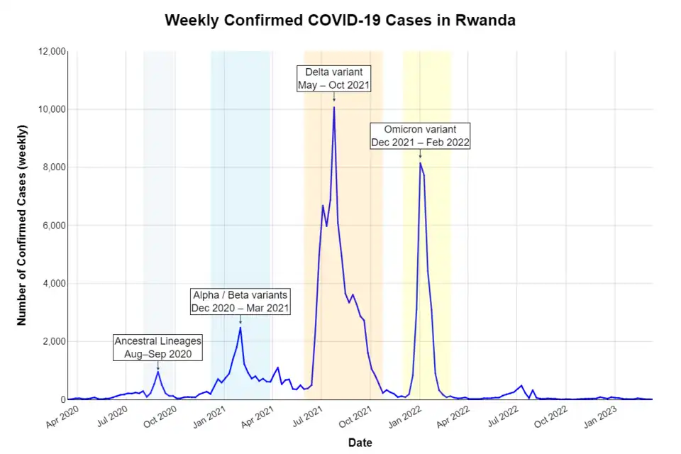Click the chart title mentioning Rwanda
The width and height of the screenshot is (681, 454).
pos(340,21)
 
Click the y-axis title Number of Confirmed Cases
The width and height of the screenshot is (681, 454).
pos(22,225)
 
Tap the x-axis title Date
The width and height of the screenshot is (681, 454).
pos(360,443)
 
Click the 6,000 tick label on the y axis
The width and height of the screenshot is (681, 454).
pos(50,226)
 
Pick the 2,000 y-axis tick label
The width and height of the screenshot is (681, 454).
pos(50,342)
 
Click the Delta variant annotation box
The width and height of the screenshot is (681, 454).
pos(333,78)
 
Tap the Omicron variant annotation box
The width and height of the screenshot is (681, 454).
pos(420,135)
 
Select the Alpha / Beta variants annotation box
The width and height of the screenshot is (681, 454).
pos(240,301)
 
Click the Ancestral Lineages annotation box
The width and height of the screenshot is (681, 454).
pos(157,348)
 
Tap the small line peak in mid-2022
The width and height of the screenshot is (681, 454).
pos(521,386)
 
